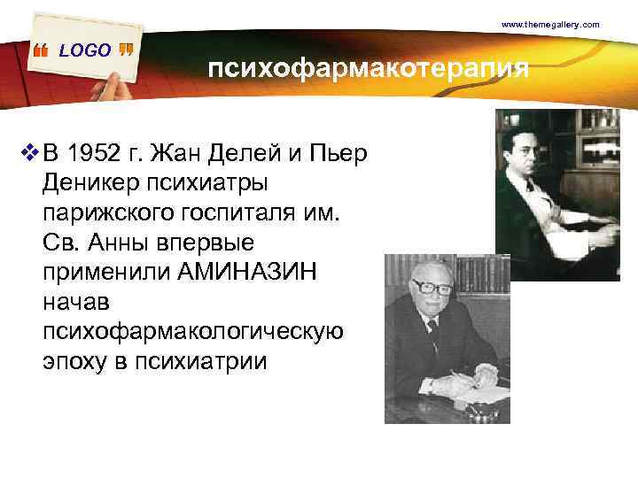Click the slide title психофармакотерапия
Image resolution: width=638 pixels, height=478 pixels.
tap(368, 69)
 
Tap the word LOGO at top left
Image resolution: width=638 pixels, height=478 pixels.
tap(85, 50)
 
